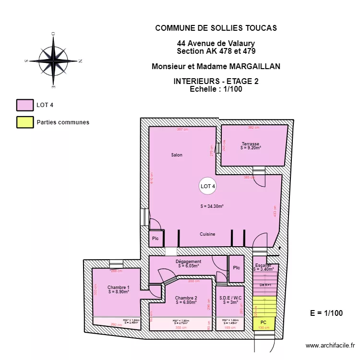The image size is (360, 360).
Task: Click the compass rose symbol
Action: click(53, 60)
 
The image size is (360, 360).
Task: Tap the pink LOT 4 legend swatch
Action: click(25, 105)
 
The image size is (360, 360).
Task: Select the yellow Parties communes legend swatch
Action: click(25, 122)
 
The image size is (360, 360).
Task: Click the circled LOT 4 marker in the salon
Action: click(207, 186)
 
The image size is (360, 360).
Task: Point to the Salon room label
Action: click(177, 155)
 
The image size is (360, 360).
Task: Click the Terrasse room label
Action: click(251, 144)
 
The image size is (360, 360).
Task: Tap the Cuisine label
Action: click(207, 234)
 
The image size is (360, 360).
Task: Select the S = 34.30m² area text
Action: click(212, 206)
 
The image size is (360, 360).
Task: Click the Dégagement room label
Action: click(188, 262)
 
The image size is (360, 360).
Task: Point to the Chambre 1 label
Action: click(118, 287)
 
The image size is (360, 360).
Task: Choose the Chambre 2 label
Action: click(186, 298)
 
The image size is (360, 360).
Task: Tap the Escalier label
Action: click(263, 265)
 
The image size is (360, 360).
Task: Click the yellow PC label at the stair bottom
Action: click(263, 323)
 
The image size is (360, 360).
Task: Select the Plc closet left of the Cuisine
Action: click(155, 239)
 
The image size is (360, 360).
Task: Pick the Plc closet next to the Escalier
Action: click(236, 268)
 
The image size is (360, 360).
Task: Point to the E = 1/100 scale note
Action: click(326, 313)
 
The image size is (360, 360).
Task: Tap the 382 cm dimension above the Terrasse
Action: click(253, 128)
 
